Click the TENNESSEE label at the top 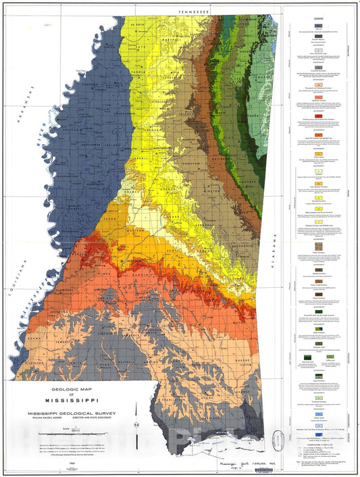[192, 11]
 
